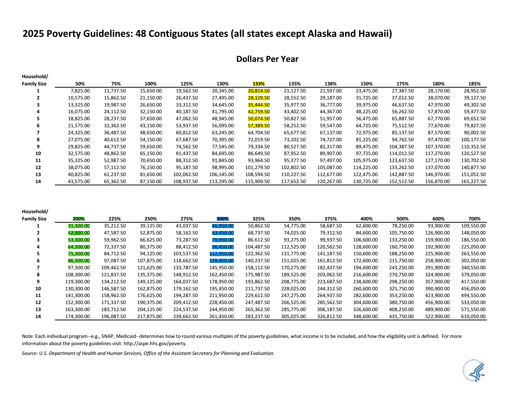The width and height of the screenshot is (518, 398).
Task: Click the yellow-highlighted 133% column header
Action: point(258,84)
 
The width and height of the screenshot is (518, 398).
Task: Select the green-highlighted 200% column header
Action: point(79,219)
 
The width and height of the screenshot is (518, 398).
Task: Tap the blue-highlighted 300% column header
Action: point(223,219)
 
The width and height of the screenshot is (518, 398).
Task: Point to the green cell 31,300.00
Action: point(79,226)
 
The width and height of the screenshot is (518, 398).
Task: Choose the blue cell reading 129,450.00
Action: point(222,261)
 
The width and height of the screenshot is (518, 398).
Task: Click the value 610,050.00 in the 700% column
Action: point(473,317)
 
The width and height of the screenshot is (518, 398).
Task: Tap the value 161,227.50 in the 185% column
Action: point(473,182)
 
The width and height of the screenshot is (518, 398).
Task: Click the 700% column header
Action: point(474,219)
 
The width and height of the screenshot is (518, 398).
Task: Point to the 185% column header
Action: point(474,84)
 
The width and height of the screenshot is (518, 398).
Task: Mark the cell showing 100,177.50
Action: point(473,140)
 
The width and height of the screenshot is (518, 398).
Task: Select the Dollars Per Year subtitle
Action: point(267,59)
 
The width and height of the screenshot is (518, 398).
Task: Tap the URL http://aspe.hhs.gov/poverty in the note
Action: point(155,344)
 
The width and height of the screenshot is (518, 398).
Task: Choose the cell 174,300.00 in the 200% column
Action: point(77,317)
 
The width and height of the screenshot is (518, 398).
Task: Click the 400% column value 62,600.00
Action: point(367,226)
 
